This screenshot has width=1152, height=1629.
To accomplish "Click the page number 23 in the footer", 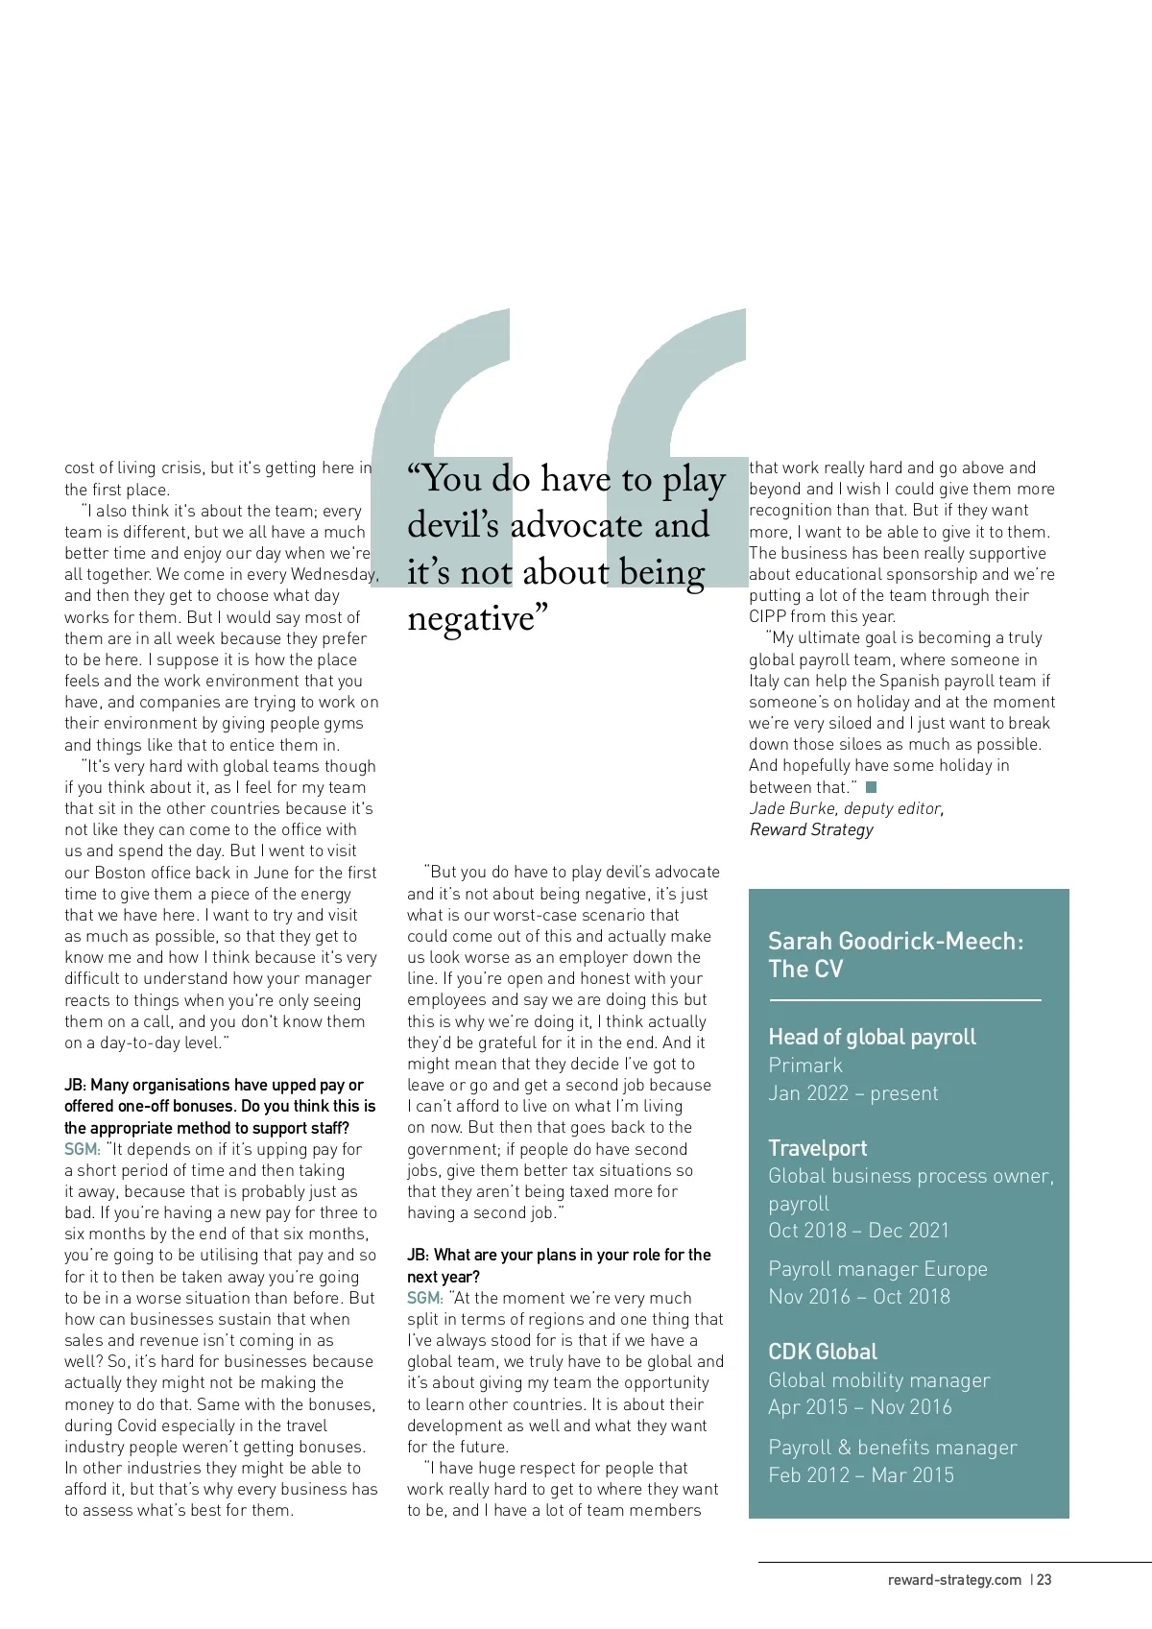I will tap(1044, 1580).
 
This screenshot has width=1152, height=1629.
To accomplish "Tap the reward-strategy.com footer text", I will tap(954, 1580).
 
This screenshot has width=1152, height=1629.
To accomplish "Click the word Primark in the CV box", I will tap(805, 1066).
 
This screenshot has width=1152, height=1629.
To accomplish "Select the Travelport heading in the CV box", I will tap(817, 1148).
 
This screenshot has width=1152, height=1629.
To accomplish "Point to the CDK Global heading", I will tap(823, 1352).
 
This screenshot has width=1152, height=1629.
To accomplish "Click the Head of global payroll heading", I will tap(872, 1037).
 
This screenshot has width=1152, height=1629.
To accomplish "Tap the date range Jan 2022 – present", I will tap(853, 1093).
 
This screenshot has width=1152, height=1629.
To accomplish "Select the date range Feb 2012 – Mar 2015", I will tap(861, 1475).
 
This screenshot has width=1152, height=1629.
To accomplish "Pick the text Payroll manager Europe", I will tap(877, 1269).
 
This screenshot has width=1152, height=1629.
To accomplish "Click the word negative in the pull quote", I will tap(470, 618).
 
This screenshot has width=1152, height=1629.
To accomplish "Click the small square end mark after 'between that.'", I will tap(871, 787).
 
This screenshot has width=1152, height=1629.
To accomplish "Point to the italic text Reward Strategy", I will tap(811, 829).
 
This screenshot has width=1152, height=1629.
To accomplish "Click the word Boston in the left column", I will tap(121, 873).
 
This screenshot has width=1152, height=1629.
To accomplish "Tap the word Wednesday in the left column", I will tap(332, 575).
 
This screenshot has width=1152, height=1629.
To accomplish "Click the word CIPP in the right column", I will tap(768, 616).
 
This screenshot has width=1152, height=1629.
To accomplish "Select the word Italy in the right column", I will tap(764, 681).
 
